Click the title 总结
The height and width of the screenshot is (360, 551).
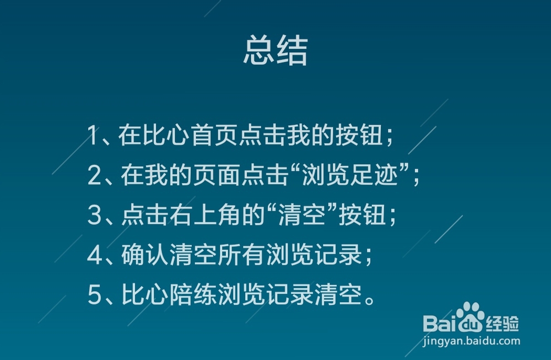pos(276,50)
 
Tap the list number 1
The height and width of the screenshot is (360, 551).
pos(92,136)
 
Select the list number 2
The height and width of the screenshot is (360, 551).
pos(94,175)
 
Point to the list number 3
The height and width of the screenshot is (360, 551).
pos(94,215)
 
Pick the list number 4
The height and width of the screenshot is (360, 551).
pos(95,255)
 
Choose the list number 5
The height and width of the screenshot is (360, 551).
pos(94,295)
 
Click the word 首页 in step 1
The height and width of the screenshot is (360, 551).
pos(214,135)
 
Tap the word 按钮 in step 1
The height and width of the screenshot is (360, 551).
pos(359,135)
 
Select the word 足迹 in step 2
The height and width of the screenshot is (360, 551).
pos(374,175)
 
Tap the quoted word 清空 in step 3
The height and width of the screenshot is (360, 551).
pos(301,215)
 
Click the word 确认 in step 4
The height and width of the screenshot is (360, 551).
pos(145,255)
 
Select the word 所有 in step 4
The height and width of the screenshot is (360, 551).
pos(241,255)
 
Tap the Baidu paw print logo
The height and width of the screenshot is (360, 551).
pos(470,317)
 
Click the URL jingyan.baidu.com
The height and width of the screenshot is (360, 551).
pos(472,341)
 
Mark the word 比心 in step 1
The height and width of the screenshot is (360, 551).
pos(166,135)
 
